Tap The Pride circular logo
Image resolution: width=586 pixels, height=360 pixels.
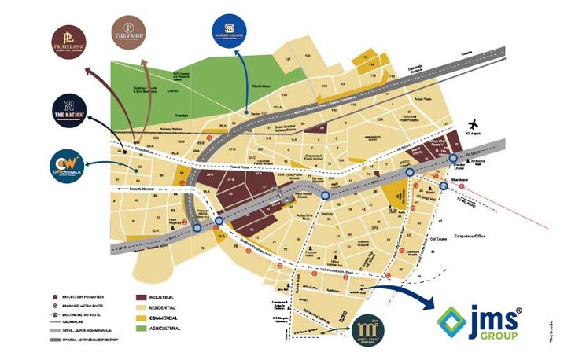129,33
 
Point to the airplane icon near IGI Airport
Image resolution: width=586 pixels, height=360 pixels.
474,126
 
